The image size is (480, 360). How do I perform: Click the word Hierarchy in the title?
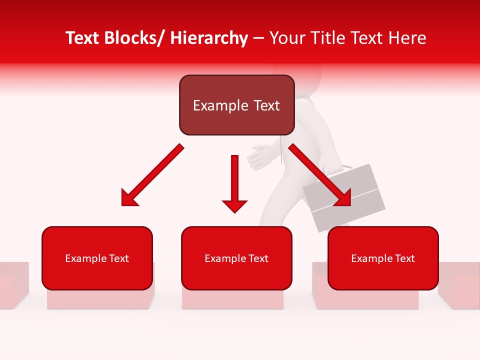coord(208,38)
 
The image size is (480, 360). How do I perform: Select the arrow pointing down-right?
coord(320,175)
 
